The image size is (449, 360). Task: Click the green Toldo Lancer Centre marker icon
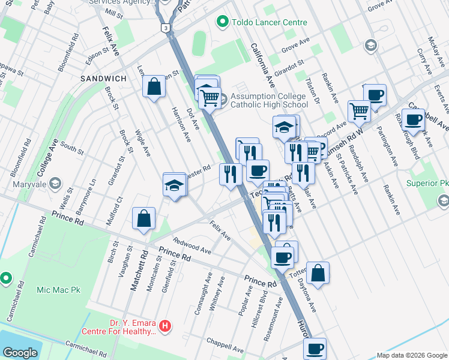223,23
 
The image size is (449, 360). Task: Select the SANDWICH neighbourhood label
104,79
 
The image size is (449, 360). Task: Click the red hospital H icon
165,327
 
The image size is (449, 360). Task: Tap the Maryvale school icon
55,182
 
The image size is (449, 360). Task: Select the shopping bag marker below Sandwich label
154,86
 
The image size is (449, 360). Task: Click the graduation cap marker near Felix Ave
175,185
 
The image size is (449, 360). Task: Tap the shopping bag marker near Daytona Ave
318,273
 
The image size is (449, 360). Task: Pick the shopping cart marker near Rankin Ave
359,111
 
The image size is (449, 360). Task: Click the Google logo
20,353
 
